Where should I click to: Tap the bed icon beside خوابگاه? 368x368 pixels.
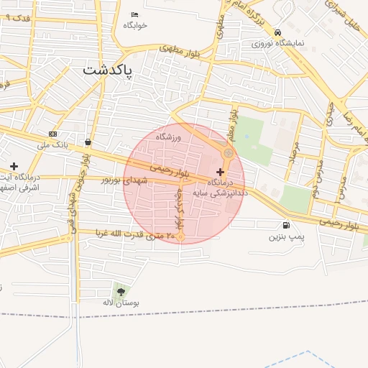click(x=135, y=15)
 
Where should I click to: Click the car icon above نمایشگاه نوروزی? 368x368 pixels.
click(x=277, y=32)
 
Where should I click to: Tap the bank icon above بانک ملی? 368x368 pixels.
click(x=53, y=134)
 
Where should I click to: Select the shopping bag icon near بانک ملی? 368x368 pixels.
click(x=88, y=142)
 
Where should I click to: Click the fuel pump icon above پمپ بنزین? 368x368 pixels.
click(x=287, y=225)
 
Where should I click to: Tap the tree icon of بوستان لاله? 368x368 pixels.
click(x=120, y=291)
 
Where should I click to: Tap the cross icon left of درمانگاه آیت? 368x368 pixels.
click(x=14, y=166)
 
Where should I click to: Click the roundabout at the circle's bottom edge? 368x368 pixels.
click(x=181, y=236)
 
